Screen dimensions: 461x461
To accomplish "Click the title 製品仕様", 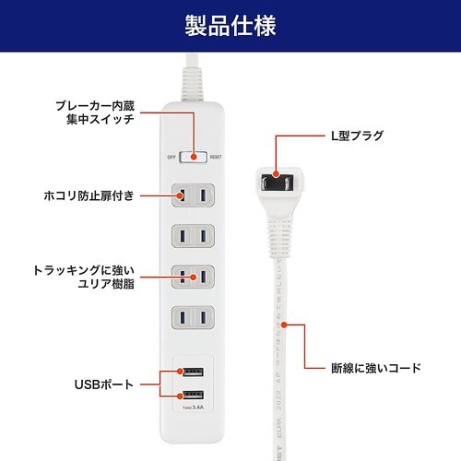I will point(230,24).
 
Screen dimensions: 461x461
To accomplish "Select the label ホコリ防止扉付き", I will point(89,195).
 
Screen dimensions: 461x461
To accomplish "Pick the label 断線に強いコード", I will point(376,368).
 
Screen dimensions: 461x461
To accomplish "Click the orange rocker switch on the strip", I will point(194,157).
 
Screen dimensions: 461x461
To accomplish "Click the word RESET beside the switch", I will point(215,158).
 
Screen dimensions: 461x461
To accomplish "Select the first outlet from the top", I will point(194,195).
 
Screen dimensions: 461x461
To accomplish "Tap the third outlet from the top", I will point(194,277).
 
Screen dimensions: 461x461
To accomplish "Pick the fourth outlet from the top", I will point(194,318).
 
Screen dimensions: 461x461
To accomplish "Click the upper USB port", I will point(194,372).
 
